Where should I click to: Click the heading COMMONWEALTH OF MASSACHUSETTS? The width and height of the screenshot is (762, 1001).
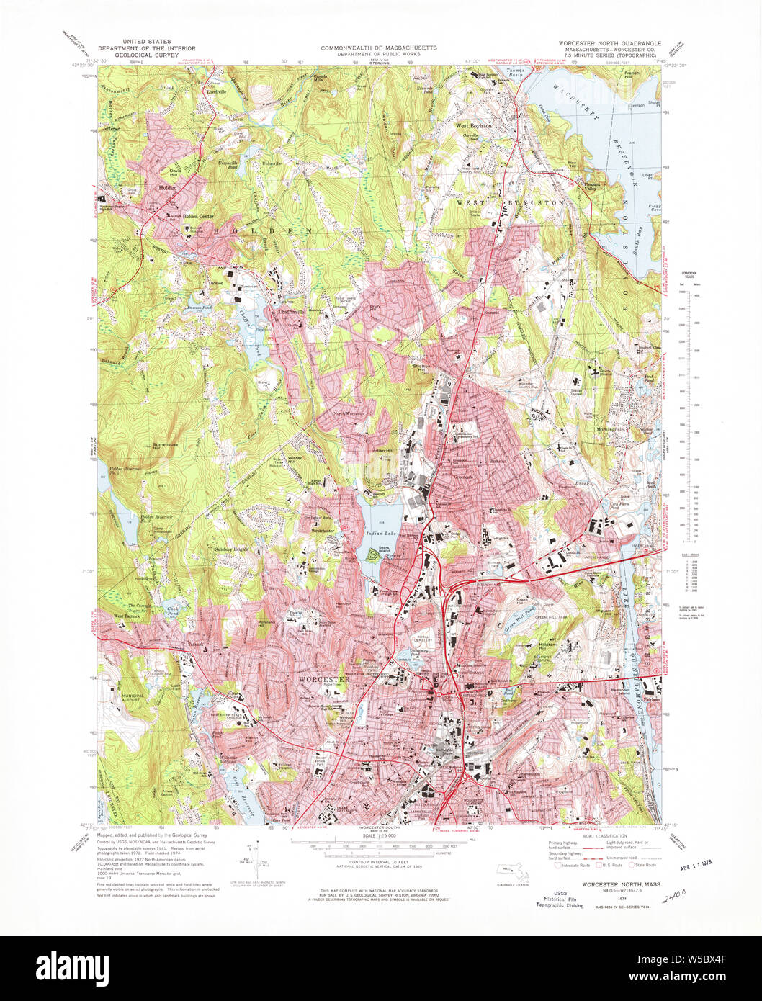[379, 48]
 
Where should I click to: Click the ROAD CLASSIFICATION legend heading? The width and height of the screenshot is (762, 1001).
[594, 836]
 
